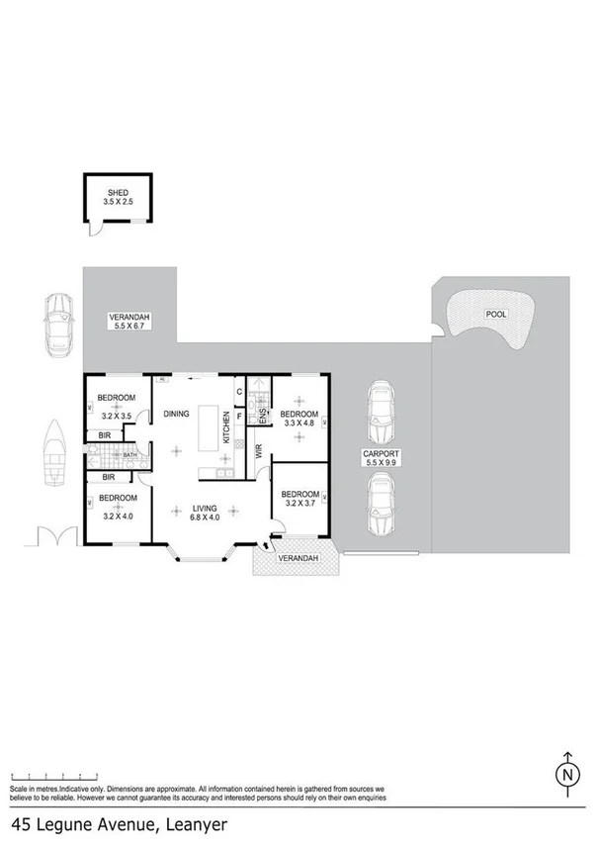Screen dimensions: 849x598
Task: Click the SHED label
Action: (116, 192)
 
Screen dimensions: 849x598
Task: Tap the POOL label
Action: (495, 314)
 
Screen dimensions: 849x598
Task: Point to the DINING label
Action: (176, 414)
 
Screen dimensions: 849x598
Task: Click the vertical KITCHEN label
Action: (226, 427)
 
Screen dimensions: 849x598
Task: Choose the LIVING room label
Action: (204, 509)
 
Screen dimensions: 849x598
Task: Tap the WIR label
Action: (259, 453)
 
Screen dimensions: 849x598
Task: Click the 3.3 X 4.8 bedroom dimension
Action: (299, 423)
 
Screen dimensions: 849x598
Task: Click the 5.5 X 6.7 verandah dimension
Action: (129, 327)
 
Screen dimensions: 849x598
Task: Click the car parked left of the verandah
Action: (58, 324)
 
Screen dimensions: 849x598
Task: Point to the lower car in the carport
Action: (380, 503)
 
